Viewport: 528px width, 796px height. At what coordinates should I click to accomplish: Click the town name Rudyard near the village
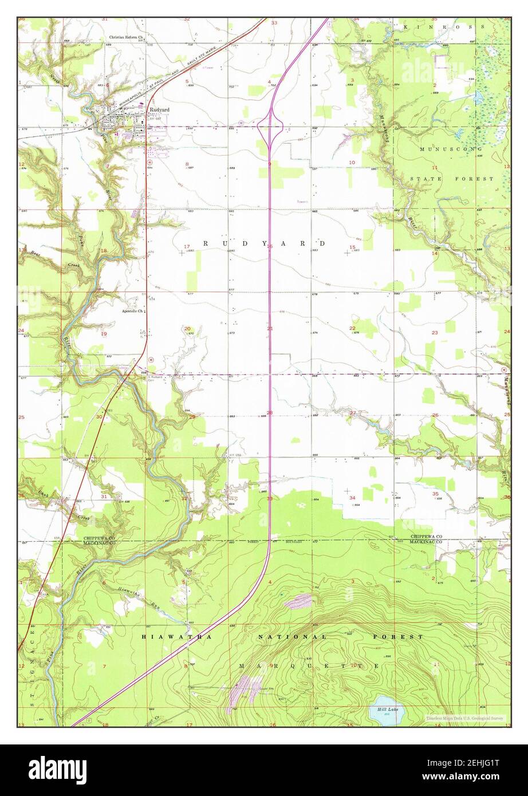coord(159,109)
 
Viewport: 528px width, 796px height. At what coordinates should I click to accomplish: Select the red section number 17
coord(187,247)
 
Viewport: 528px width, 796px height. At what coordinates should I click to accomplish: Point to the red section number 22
coord(352,328)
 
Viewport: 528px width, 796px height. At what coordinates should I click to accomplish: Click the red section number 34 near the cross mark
coord(352,497)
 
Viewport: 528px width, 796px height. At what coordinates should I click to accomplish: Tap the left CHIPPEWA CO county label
coord(100,538)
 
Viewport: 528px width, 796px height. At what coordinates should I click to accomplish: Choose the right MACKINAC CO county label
coord(426,542)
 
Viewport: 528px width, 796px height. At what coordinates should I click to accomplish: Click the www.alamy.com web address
coord(477,776)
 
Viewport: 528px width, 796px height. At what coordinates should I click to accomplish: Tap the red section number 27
coord(353,413)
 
